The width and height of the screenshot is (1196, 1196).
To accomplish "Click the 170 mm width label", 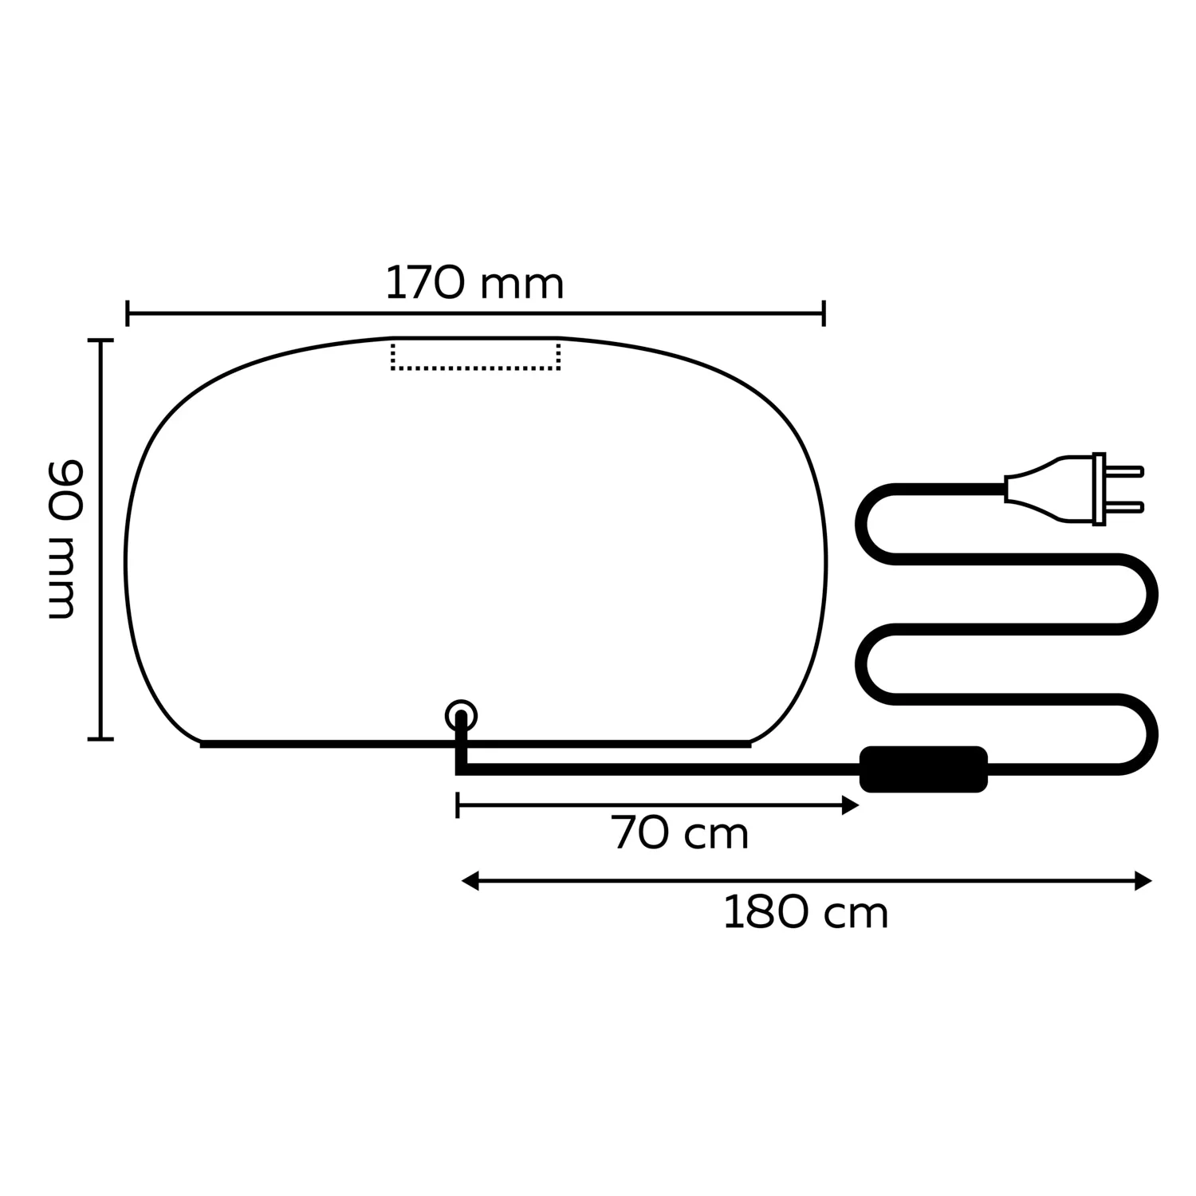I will pos(474,284).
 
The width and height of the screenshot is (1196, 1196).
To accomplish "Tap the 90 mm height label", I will pos(64,539).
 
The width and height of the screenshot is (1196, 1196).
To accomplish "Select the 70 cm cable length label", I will pos(680,834).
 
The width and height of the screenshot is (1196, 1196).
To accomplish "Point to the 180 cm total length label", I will pos(805,913).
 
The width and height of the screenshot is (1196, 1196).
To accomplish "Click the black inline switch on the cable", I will pos(923,769).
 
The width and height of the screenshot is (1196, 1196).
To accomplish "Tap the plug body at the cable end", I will pos(1045,490).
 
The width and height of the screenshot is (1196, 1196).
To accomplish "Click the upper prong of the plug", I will pos(1124,471).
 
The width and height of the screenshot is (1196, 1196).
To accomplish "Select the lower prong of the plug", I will pos(1124,507).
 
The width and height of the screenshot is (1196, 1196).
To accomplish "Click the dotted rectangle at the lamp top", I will pos(475,356).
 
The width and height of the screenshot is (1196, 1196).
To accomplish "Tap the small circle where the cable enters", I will pos(461,715).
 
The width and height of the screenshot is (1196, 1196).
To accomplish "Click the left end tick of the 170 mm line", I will pos(128,314).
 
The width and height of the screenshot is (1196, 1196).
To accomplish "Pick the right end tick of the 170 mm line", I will pos(824,314).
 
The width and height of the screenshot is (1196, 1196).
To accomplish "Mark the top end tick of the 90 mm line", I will pos(100,340).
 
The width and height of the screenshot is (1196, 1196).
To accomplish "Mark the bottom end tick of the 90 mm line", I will pos(100,738).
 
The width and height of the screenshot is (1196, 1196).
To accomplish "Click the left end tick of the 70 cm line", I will pos(457,805).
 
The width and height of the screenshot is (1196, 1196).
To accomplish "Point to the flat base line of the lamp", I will pos(319,744).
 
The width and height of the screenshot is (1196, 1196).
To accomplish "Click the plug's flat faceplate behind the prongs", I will pos(1099,489).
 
